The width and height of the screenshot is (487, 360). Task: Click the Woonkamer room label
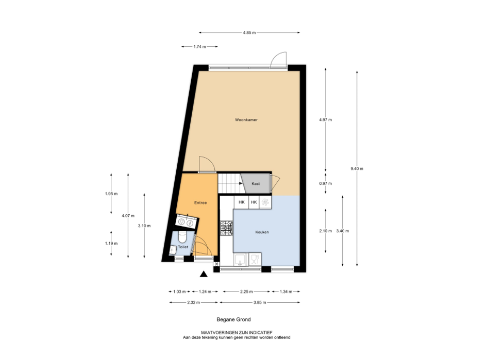[246, 120]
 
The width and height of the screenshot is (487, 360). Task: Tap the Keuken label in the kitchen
[262, 232]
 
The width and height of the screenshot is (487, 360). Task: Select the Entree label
[200, 203]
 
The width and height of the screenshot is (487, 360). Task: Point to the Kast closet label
[256, 184]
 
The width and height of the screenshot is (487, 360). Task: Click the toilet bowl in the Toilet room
[182, 238]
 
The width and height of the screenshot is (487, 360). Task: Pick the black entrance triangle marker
[204, 273]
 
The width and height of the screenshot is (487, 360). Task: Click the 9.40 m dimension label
[357, 169]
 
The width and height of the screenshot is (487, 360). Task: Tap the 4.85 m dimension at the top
[249, 32]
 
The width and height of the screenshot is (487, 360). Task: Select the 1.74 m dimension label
[200, 47]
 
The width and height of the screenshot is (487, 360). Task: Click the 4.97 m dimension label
[326, 120]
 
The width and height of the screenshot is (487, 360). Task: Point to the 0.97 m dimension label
[326, 184]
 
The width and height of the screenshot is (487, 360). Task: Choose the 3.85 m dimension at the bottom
[260, 303]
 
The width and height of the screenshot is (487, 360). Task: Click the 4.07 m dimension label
[128, 216]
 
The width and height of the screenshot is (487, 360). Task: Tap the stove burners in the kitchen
[226, 228]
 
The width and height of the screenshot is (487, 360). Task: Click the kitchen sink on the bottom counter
[240, 260]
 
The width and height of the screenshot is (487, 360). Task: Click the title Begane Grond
[233, 319]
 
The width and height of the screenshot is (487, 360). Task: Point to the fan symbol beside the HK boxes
[265, 202]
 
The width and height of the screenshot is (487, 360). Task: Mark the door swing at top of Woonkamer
[279, 60]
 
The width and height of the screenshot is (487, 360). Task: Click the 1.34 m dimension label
[286, 292]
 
